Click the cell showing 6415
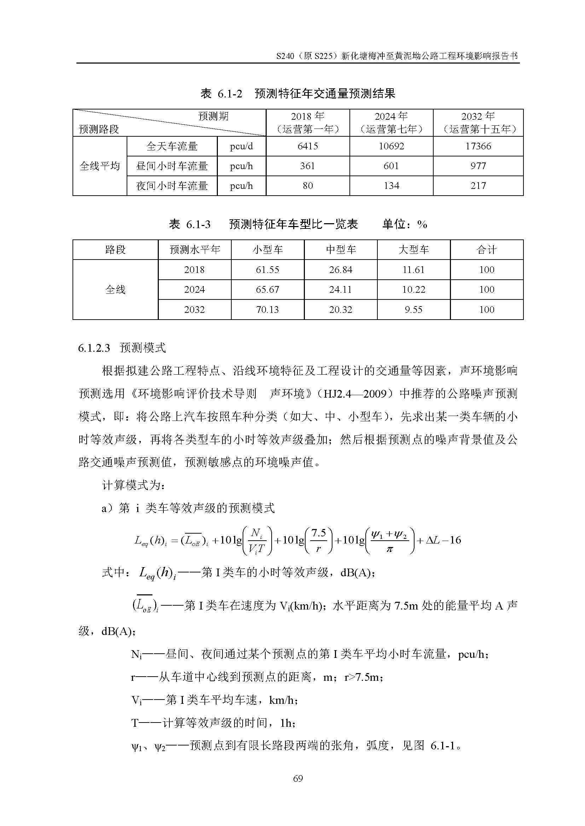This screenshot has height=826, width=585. [307, 146]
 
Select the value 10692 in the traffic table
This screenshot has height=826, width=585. [391, 146]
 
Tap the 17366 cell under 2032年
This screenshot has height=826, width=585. [478, 146]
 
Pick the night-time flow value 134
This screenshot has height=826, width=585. [391, 186]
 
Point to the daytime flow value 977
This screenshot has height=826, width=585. [478, 166]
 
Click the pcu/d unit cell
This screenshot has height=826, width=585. [241, 146]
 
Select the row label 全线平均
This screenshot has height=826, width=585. [99, 166]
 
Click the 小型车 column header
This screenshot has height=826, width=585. [267, 250]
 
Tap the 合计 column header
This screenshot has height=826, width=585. [486, 250]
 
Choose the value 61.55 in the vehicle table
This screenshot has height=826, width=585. [267, 270]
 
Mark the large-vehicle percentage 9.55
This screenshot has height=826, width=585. [413, 309]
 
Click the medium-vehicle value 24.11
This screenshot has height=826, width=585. [340, 290]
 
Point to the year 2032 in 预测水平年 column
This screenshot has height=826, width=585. [194, 309]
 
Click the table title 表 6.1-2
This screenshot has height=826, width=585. [221, 94]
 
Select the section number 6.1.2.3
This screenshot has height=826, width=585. [94, 348]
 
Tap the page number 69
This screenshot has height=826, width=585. [298, 779]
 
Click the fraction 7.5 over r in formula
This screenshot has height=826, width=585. [318, 541]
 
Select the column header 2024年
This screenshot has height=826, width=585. [391, 122]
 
